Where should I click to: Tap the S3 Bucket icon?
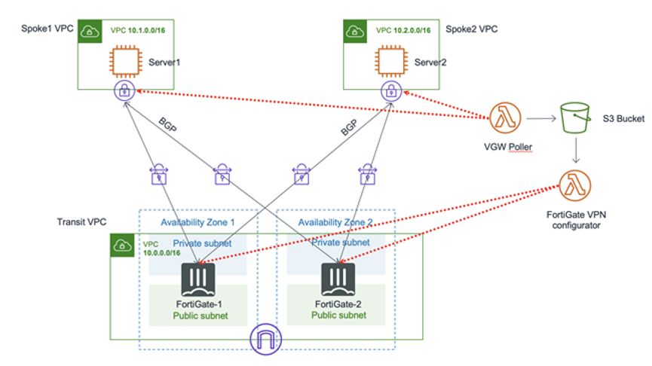point(576,118)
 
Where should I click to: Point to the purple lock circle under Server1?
point(124,93)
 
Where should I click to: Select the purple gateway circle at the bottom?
point(264,337)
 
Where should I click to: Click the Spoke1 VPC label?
point(47,27)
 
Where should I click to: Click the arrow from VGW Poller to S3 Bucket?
point(540,118)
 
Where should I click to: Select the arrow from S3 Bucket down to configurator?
point(576,151)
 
